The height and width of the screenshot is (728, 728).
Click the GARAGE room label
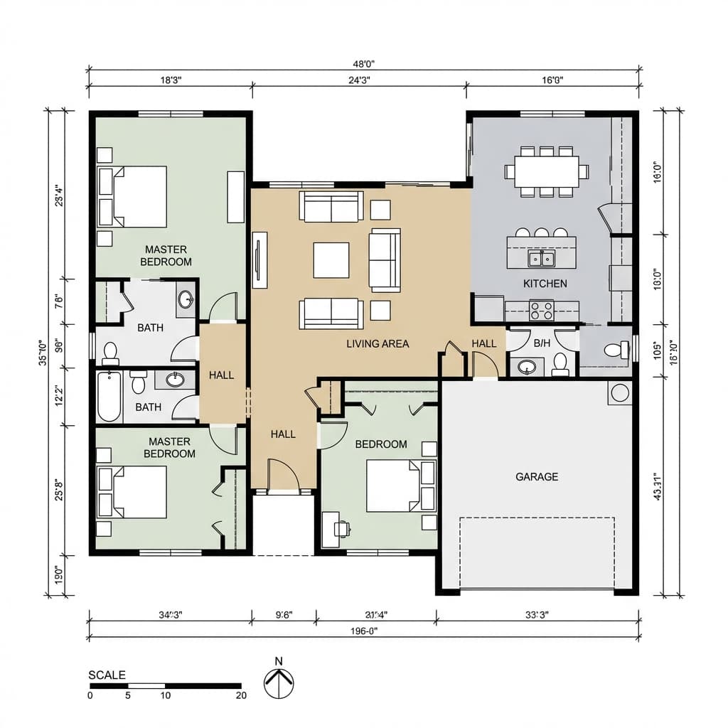[x=537, y=476]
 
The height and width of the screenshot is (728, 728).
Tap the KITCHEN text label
[x=545, y=284]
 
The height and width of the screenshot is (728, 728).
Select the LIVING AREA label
[x=378, y=343]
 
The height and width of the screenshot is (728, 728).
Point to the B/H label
[x=542, y=343]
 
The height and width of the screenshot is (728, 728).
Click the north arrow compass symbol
[x=279, y=684]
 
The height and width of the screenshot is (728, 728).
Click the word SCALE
[x=107, y=675]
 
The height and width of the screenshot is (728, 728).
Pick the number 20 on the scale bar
[x=241, y=695]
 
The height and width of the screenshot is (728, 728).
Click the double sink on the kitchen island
[x=542, y=258]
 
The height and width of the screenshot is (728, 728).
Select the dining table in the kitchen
[x=547, y=171]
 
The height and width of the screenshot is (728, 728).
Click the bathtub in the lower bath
[x=109, y=396]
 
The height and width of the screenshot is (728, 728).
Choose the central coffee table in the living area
[x=331, y=260]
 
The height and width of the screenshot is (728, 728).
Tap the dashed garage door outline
[x=537, y=553]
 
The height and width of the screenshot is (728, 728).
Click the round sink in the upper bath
[x=186, y=299]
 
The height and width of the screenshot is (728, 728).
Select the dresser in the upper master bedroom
[x=235, y=196]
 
